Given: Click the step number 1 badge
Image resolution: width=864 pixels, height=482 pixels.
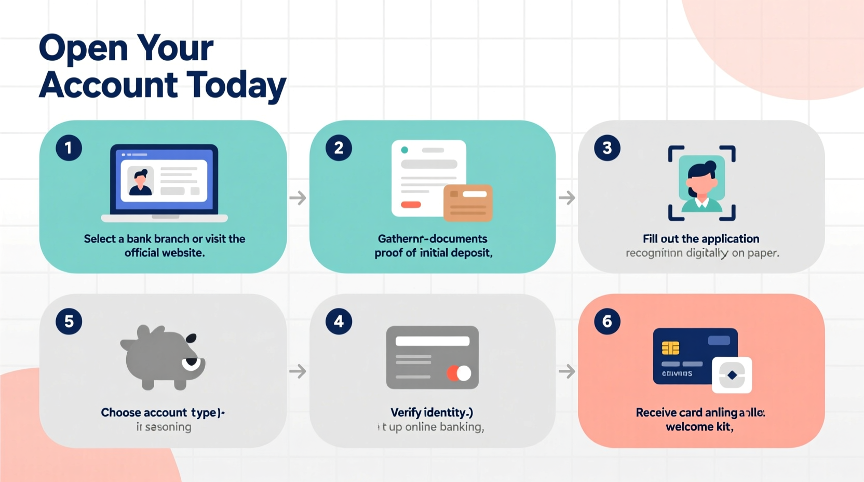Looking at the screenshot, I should pos(69,148).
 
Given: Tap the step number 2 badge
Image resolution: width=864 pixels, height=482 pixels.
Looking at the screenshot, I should pos(339,148).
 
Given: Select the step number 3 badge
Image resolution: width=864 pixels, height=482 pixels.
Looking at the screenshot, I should pos(607,148).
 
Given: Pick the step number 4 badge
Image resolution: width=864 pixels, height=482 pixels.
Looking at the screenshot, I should pos(339,322).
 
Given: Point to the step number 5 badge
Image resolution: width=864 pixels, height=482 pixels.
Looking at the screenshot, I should pos(69,322).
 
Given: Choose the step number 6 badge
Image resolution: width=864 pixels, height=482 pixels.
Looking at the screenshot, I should pos(607,322).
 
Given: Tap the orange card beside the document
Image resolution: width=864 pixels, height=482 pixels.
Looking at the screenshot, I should pos(467,203).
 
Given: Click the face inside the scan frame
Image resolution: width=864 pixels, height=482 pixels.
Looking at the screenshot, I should pos(701,182).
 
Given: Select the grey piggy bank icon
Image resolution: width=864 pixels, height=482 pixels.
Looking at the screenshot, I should pos(163,358).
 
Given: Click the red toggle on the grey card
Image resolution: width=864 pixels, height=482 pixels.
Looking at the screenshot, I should pos(458,373).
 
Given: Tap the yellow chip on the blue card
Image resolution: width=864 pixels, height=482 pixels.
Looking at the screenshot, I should pos(670,348).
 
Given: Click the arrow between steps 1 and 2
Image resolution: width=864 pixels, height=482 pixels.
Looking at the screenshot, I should pos(298,198).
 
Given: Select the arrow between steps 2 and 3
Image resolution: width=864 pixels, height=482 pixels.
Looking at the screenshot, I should pos(566,198).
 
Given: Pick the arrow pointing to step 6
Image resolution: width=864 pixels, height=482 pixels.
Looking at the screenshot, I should pos(566,371).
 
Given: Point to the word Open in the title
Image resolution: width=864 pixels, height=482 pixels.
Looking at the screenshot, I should pos(83,48).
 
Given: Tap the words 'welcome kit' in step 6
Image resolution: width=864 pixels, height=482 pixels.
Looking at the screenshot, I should pos(699,427).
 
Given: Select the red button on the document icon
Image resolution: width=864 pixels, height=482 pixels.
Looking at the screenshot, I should pos(411,205).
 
